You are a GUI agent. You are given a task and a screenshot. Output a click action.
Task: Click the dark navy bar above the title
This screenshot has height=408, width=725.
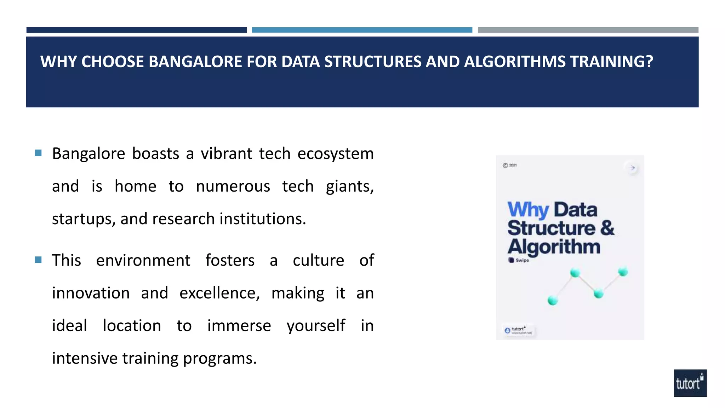click(136, 30)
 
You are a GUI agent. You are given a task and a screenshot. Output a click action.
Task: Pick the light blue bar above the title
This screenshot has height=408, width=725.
click(362, 30)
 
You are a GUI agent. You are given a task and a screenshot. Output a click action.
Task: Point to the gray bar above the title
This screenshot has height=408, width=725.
click(588, 30)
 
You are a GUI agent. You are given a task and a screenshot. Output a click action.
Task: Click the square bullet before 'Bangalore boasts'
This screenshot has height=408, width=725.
click(39, 153)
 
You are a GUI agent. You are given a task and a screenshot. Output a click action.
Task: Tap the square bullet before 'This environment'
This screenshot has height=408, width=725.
click(39, 260)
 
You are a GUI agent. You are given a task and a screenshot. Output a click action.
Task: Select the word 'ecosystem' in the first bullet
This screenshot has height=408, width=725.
click(335, 154)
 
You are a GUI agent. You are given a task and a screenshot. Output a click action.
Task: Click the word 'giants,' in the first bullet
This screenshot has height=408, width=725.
click(349, 186)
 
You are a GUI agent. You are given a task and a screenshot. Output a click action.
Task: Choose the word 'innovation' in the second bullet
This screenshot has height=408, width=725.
click(91, 293)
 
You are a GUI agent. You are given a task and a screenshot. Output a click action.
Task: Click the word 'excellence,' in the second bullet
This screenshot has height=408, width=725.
click(219, 293)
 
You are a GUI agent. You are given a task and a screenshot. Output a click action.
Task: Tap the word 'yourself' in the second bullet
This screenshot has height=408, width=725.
click(316, 326)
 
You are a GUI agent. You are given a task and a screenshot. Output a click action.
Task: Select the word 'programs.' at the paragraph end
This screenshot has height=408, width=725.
click(219, 358)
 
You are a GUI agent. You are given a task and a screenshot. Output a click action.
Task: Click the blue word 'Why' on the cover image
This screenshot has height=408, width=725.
click(528, 210)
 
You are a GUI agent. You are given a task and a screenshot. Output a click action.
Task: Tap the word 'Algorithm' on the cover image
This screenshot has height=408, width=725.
click(554, 247)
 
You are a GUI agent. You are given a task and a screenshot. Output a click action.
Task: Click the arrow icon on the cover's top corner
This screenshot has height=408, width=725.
click(632, 168)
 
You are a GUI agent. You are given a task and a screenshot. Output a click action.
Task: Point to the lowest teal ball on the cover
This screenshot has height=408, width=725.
click(553, 301)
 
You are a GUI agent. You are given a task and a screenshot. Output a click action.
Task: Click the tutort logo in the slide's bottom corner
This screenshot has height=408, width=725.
click(690, 383)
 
